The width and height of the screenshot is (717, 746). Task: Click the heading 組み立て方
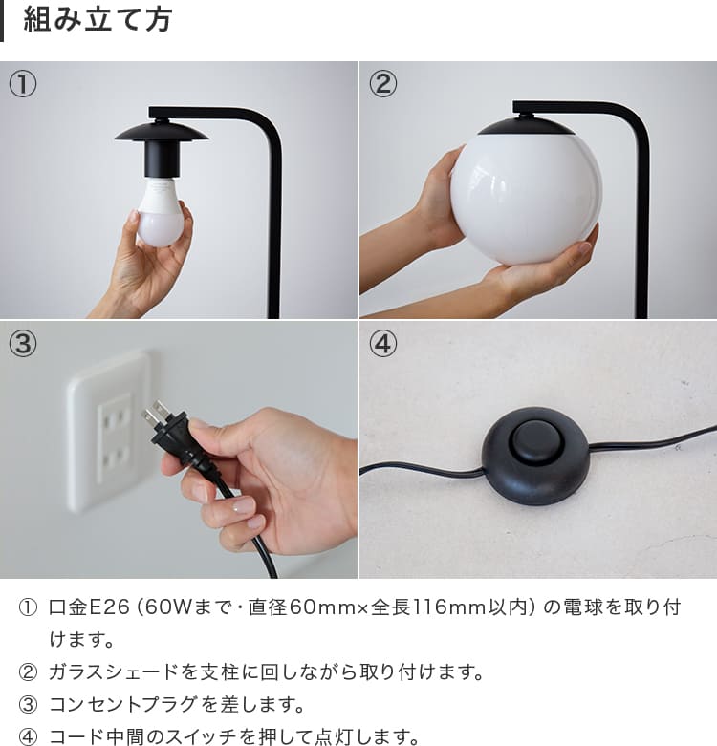[98, 20]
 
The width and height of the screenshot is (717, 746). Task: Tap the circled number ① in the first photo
[22, 83]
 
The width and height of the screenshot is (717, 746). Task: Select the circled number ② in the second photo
[382, 83]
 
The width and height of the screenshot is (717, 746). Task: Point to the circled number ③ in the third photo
[22, 344]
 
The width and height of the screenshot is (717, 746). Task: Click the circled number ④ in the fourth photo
[382, 344]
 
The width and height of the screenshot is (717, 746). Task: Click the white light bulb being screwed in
[160, 212]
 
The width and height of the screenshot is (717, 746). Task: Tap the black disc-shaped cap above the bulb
[162, 132]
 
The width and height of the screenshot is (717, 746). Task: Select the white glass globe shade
[527, 199]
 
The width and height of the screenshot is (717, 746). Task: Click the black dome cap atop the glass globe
[527, 126]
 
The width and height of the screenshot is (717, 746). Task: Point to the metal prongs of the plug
[155, 413]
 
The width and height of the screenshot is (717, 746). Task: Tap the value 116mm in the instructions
[448, 607]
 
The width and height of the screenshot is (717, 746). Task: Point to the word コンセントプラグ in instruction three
[123, 704]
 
